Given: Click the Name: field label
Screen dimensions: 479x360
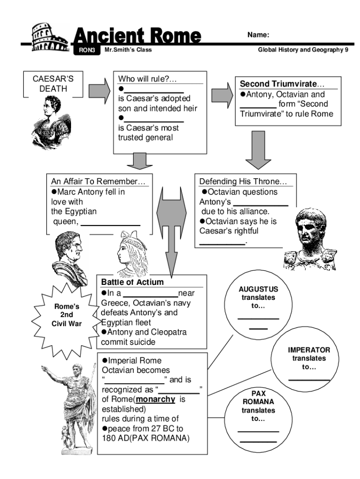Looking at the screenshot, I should pyautogui.click(x=258, y=35).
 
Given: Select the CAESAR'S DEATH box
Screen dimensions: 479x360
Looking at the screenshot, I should pyautogui.click(x=53, y=84).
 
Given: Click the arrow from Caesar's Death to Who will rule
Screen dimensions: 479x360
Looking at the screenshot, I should pyautogui.click(x=99, y=89).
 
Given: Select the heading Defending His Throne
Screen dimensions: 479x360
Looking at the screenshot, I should pyautogui.click(x=243, y=181).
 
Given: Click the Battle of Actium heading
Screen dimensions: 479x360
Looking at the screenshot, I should pyautogui.click(x=132, y=282).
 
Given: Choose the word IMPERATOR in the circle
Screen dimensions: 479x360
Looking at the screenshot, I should pyautogui.click(x=309, y=350).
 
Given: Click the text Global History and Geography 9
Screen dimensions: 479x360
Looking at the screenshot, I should pyautogui.click(x=303, y=51).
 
